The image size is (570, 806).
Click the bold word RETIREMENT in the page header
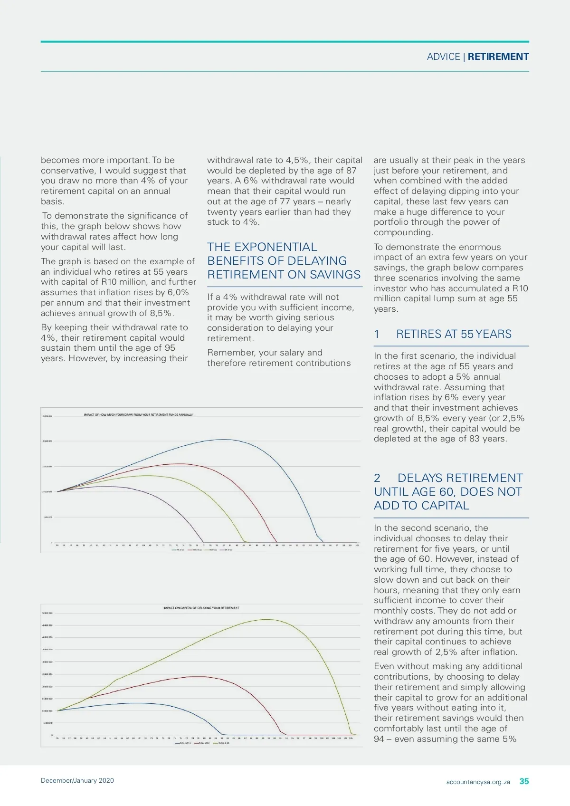pos(498,57)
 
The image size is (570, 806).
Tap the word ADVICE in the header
pos(443,57)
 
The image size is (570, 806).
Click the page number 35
pos(524,781)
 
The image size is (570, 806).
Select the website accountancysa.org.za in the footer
pos(478,782)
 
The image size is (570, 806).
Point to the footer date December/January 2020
pos(77,780)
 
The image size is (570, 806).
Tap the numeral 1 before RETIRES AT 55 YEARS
pos(377,334)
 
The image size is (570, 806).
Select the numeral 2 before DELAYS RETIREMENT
pos(377,478)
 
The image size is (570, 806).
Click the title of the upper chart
pos(138,415)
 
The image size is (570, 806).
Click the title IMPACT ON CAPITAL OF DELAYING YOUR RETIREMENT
pos(201,608)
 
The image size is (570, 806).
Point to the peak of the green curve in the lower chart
pos(268,619)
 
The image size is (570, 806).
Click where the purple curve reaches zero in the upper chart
pos(204,542)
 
